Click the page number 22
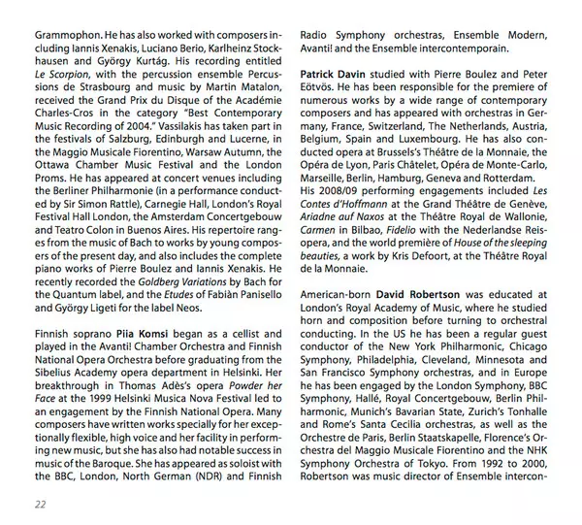pos(38,503)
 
